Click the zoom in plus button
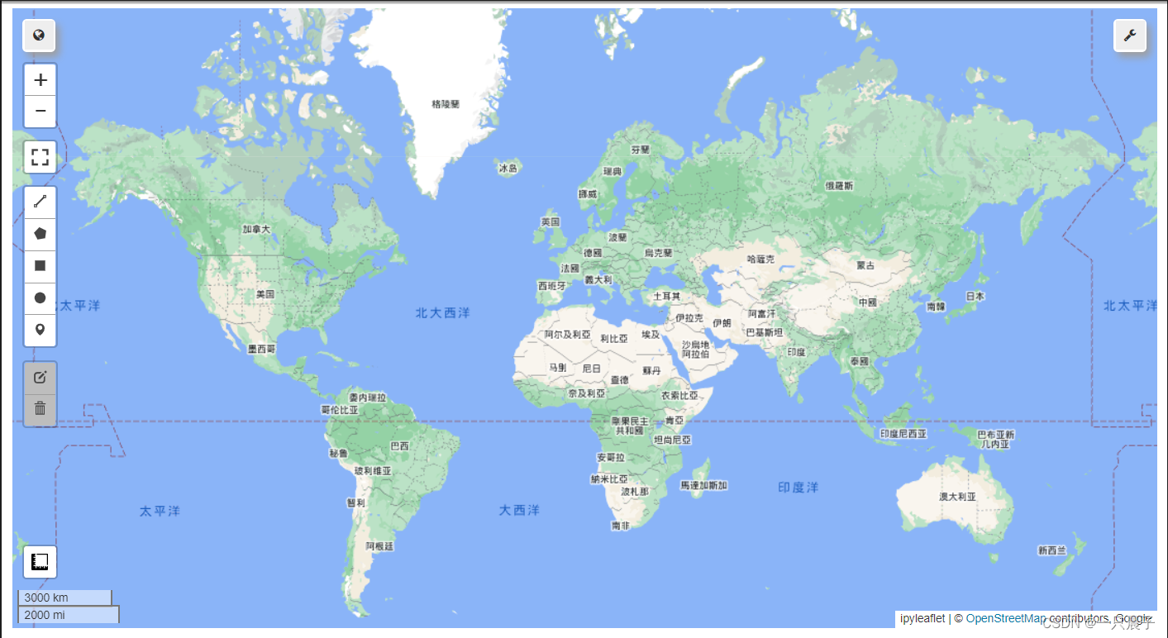40,80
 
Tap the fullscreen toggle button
40,156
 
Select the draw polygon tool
40,234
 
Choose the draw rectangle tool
40,266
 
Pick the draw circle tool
40,298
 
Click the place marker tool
40,330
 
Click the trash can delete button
40,409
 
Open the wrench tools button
1129,36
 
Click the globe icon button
39,36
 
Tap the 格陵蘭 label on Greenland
446,104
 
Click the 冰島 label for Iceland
508,169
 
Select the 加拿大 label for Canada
256,229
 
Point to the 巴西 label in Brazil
399,446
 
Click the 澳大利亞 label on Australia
957,497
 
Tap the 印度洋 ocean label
798,488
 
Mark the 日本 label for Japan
975,296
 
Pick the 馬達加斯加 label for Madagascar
703,485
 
